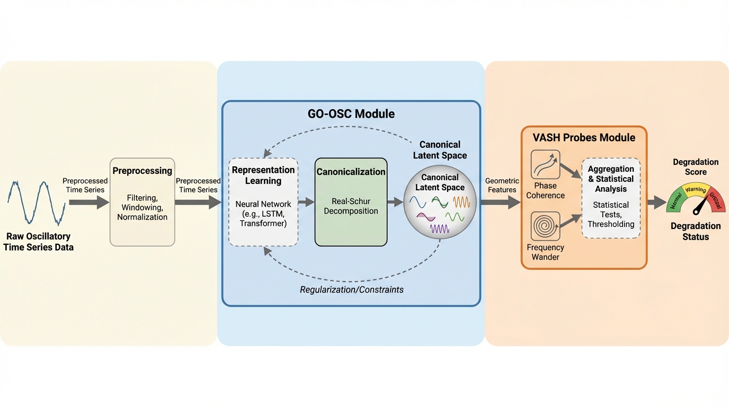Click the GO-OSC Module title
pyautogui.click(x=351, y=114)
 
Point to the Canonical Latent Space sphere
pyautogui.click(x=440, y=202)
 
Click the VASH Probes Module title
pyautogui.click(x=584, y=138)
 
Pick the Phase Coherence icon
pyautogui.click(x=545, y=165)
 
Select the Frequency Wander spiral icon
pyautogui.click(x=545, y=226)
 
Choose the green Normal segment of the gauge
pyautogui.click(x=675, y=202)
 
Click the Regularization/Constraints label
pyautogui.click(x=352, y=290)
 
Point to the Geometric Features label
pyautogui.click(x=501, y=185)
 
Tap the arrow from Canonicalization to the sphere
pyautogui.click(x=395, y=202)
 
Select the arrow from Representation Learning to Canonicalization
pyautogui.click(x=306, y=202)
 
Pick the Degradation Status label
pyautogui.click(x=695, y=232)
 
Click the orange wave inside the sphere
pyautogui.click(x=460, y=202)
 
